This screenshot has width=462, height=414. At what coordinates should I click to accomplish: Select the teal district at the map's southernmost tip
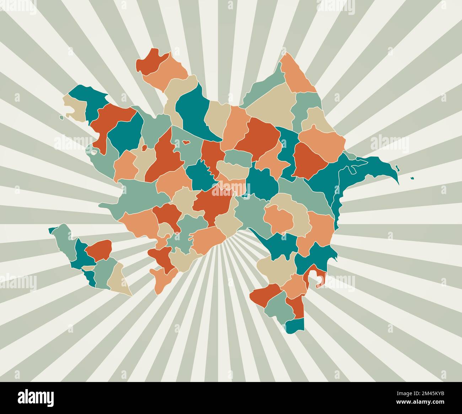295,325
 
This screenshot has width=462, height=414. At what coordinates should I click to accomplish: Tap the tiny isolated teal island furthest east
412,178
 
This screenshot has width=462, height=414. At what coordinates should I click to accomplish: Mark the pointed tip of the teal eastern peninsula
398,183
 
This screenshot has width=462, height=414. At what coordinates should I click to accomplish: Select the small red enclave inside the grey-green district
186,143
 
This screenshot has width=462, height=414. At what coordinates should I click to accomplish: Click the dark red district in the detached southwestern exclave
99,248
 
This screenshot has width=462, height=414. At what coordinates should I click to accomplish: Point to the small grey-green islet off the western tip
61,117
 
